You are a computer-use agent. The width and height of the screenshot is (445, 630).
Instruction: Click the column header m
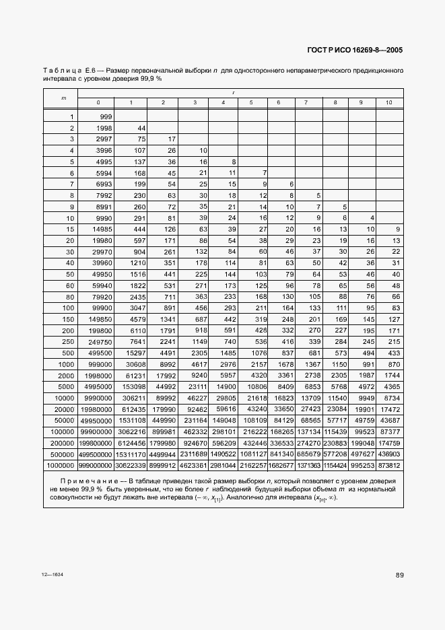(x=64, y=98)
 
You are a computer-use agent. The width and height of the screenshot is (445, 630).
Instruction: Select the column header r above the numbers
(x=233, y=92)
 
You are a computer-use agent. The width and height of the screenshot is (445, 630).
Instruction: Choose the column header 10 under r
(x=388, y=102)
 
